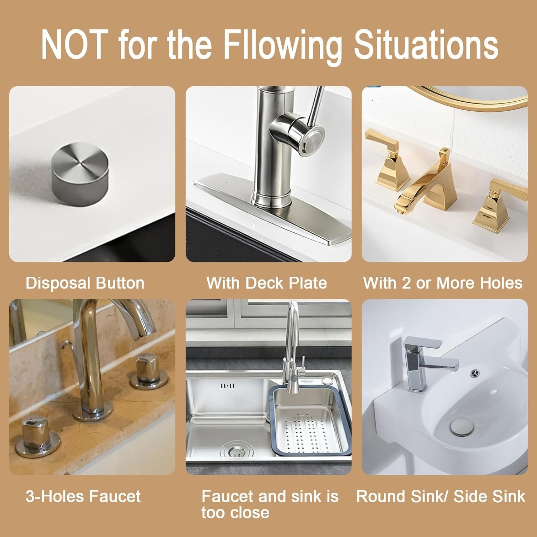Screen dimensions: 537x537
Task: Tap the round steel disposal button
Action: pyautogui.click(x=79, y=178)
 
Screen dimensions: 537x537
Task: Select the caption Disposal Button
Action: pyautogui.click(x=85, y=283)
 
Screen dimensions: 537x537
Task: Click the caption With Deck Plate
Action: pyautogui.click(x=267, y=283)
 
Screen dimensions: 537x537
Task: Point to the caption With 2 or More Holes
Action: pyautogui.click(x=443, y=283)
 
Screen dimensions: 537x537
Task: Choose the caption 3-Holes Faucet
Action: pyautogui.click(x=83, y=497)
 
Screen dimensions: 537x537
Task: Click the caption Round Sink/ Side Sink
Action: pyautogui.click(x=441, y=497)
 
